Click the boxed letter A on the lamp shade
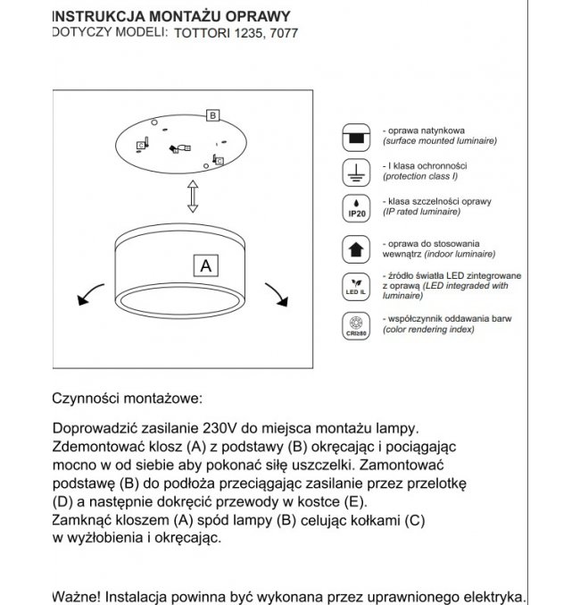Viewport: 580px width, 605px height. [206, 265]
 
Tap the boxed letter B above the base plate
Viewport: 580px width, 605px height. [212, 115]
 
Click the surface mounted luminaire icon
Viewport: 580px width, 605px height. [357, 136]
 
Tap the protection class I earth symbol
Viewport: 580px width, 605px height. [357, 172]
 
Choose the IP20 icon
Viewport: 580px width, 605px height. [357, 208]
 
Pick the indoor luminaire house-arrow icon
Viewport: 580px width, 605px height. [357, 248]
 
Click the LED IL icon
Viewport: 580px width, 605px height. [357, 285]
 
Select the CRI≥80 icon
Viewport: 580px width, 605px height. [357, 324]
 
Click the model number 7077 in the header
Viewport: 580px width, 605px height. [284, 33]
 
